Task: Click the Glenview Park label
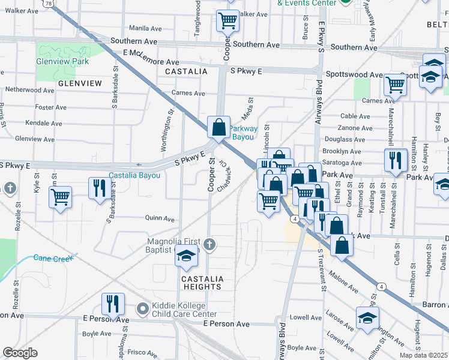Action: [62, 61]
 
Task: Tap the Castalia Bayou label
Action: [134, 175]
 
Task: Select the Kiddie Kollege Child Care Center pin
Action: [143, 309]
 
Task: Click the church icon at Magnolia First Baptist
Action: [208, 244]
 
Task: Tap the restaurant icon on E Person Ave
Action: [112, 304]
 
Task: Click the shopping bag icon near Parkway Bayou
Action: [219, 127]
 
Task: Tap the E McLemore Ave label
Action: [151, 62]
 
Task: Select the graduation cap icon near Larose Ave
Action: [367, 317]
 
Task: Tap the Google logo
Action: [20, 353]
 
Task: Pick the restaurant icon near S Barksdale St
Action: [98, 188]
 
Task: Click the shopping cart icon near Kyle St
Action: [60, 197]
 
